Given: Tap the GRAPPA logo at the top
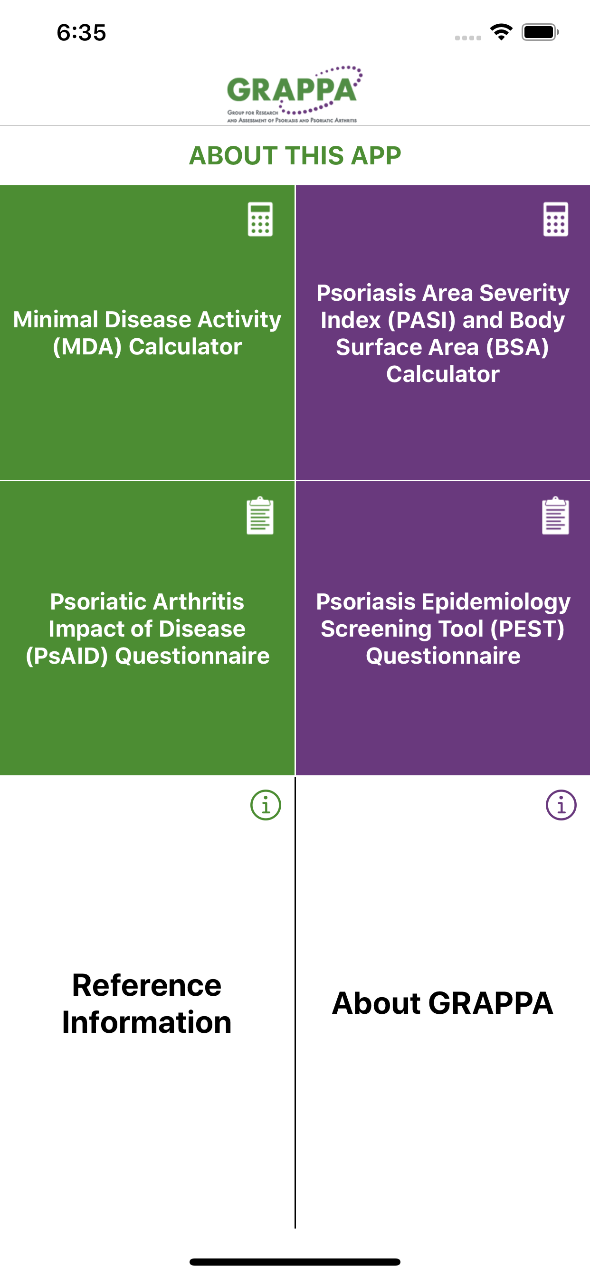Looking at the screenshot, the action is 295,94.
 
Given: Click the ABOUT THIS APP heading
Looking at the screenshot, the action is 295,156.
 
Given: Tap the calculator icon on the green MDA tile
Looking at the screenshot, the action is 260,219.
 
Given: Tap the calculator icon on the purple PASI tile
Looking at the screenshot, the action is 556,219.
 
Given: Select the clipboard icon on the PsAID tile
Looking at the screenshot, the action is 260,515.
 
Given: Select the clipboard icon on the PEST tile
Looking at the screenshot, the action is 556,515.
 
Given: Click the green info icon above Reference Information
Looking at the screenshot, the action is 266,805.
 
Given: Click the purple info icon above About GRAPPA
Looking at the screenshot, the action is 561,805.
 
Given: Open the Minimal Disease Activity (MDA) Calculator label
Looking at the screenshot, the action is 147,333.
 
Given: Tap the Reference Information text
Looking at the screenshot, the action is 147,1003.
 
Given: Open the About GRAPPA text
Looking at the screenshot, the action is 442,1003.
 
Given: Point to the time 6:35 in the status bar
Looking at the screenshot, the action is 81,33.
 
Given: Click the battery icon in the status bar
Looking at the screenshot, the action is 540,32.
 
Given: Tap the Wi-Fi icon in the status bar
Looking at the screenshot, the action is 501,32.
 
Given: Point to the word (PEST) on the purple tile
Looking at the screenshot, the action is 527,629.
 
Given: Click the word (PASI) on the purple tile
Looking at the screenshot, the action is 421,320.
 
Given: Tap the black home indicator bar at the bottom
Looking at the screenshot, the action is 295,1262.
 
